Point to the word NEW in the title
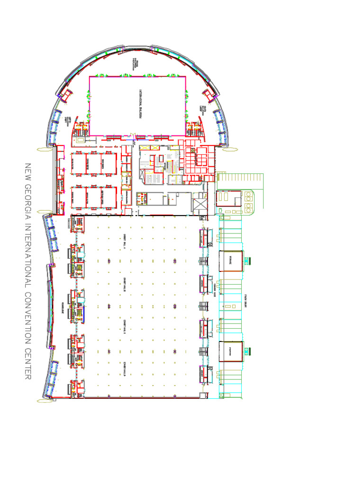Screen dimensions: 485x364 tap(27, 172)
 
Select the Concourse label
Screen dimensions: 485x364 tap(63, 308)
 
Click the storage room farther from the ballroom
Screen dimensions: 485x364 tap(231, 351)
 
